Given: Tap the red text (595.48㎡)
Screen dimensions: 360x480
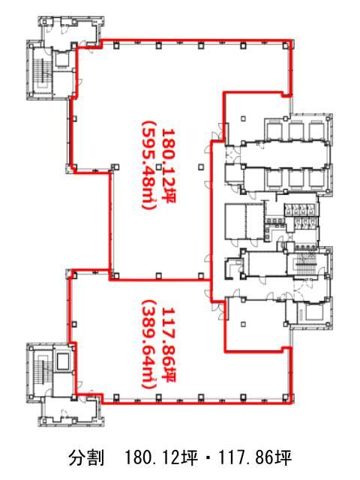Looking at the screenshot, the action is point(149,166).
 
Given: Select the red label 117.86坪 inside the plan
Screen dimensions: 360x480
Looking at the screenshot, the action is point(169,345).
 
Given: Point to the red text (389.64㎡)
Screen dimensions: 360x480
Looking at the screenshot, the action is point(149,345).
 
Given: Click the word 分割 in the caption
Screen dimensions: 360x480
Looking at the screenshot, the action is point(86,458).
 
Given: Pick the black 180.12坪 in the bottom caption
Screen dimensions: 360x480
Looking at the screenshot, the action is point(161,458).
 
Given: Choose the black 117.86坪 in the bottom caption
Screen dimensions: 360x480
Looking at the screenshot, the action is point(255,458).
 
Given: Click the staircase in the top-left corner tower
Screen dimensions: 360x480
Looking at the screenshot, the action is point(40,72).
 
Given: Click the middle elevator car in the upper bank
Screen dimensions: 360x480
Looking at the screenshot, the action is point(295,130).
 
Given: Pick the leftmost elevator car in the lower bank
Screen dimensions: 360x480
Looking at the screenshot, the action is point(274,178).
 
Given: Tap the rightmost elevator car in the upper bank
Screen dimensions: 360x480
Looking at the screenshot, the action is point(316,130).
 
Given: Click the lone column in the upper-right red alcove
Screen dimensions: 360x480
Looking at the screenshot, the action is point(243,118).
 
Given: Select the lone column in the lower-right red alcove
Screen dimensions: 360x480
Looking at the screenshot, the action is point(243,323).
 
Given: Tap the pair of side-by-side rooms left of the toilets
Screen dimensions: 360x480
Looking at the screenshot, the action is point(244,221).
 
